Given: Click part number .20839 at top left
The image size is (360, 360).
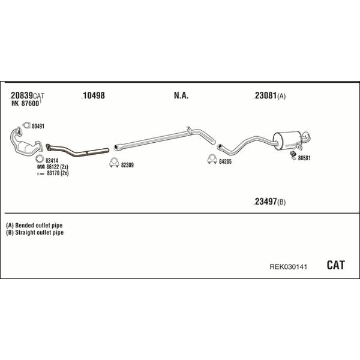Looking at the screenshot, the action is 21,95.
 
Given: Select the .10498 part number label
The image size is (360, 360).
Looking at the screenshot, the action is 93,95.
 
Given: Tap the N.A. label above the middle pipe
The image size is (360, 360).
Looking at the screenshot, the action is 181,95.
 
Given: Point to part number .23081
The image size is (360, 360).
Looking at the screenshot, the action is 265,95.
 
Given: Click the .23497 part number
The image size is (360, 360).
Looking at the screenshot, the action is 265,202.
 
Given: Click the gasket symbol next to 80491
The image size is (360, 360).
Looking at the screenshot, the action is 26,125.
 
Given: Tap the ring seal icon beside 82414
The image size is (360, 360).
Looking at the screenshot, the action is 40,158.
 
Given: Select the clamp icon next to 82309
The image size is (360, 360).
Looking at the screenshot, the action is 114,163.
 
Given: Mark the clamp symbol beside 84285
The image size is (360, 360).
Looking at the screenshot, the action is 212,159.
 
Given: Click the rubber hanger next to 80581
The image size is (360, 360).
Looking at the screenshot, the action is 293,155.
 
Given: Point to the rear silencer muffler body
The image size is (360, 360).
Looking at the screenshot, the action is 287,140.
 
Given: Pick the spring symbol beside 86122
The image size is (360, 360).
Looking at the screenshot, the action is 41,167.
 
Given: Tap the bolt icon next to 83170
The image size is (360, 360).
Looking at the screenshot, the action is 41,174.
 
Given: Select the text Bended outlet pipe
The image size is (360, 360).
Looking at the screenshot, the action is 39,225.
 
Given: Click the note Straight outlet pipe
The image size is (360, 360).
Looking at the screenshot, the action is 39,232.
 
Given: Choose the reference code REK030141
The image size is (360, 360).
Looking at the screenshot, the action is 288,267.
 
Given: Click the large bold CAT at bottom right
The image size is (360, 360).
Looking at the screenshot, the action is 335,265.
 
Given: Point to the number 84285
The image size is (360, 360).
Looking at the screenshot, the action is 225,161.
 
